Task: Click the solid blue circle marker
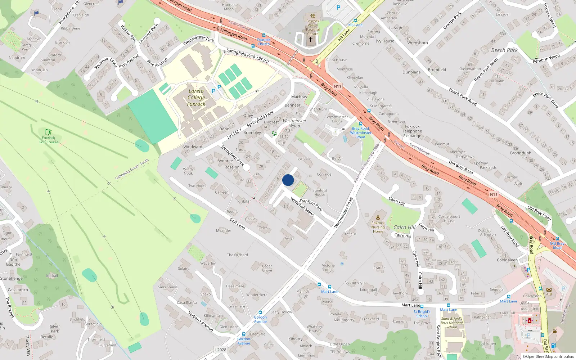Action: [288, 180]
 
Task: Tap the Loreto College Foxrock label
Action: [196, 98]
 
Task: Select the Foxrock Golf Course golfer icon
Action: [48, 132]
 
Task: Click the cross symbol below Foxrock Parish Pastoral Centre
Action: [311, 40]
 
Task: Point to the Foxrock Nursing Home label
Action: [378, 227]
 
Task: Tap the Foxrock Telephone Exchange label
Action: [412, 131]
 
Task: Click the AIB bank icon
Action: [549, 289]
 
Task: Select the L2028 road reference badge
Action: [221, 350]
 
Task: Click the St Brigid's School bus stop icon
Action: [422, 307]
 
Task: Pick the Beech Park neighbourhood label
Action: [504, 50]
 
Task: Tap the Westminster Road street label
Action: [343, 212]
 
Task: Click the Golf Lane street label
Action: [238, 224]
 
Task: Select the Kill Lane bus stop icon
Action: [355, 21]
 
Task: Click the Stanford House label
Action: [320, 192]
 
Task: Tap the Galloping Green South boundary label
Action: [132, 169]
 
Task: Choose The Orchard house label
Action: [237, 255]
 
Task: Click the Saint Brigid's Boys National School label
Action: [451, 323]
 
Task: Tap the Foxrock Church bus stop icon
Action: [264, 35]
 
